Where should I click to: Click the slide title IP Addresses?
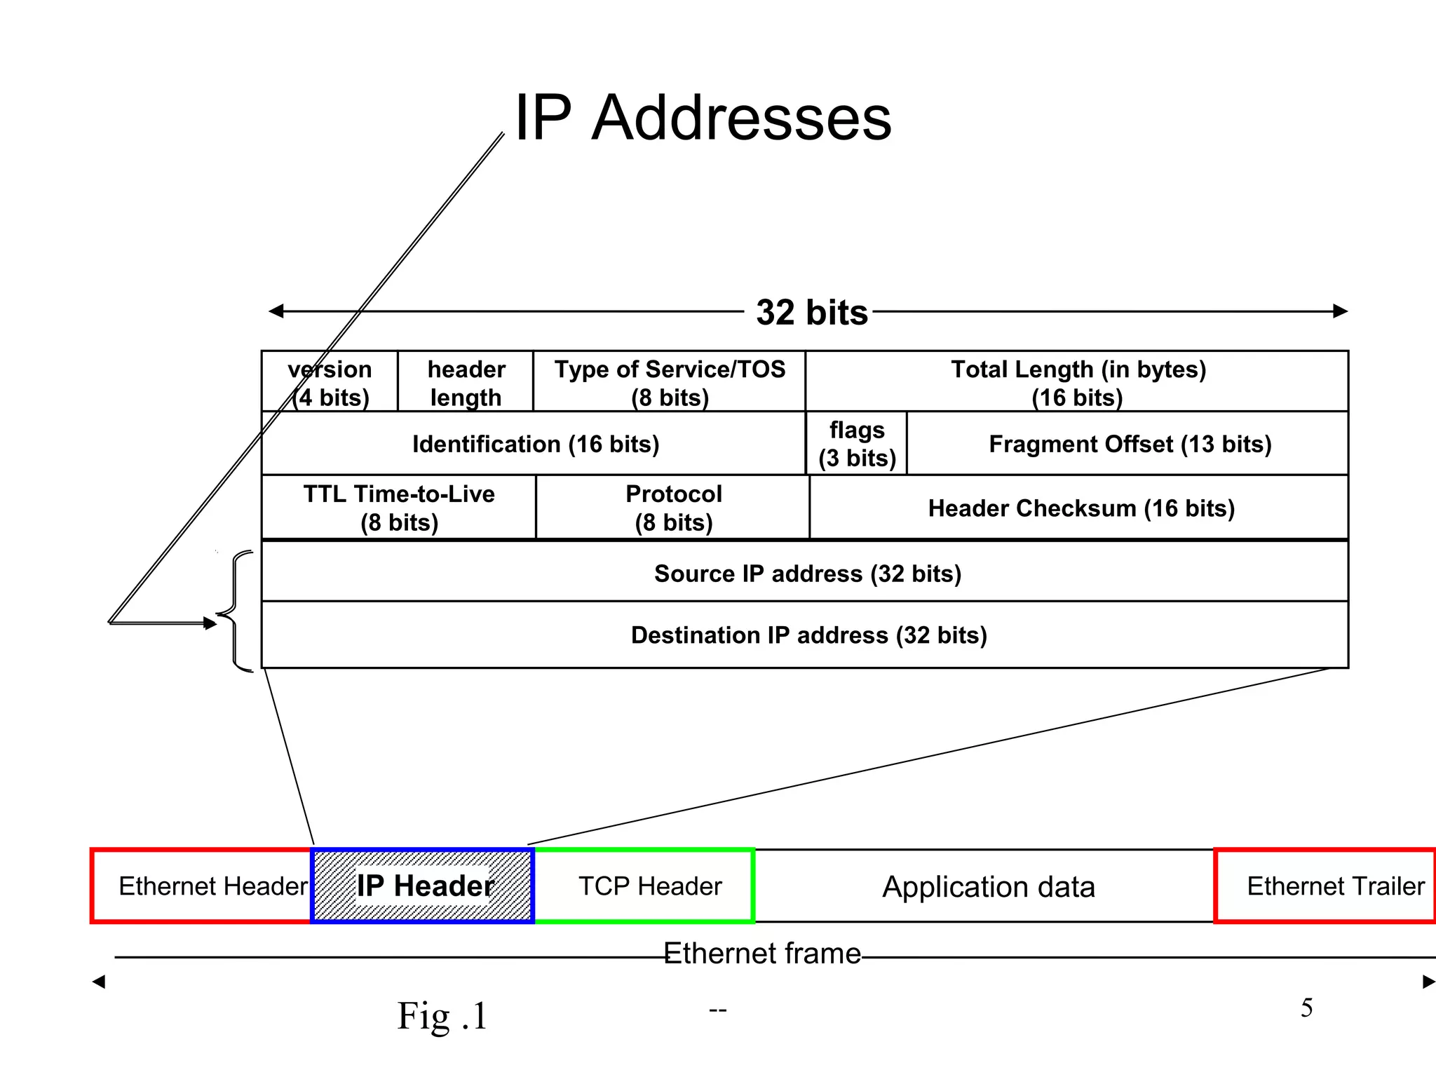click(x=703, y=118)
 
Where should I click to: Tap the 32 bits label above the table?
click(x=811, y=312)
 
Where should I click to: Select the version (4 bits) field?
click(x=330, y=382)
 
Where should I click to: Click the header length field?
click(x=466, y=382)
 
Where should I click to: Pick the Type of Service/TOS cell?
click(x=670, y=382)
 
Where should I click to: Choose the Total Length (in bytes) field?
click(x=1078, y=382)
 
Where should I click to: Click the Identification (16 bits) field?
click(x=535, y=444)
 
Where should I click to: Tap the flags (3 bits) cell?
click(x=857, y=444)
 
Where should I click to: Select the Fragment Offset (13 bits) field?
click(x=1130, y=444)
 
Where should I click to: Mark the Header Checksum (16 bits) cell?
click(x=1081, y=508)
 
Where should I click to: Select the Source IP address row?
click(x=807, y=573)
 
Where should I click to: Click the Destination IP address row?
click(x=808, y=635)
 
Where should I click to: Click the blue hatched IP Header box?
click(x=424, y=886)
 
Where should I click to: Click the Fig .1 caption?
click(x=442, y=1016)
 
